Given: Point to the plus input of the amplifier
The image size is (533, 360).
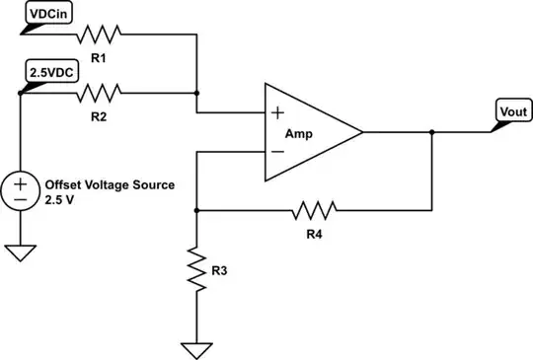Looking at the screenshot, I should [x=279, y=112].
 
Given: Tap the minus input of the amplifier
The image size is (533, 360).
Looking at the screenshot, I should [x=279, y=152].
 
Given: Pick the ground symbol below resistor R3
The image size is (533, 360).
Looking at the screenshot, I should [x=197, y=348].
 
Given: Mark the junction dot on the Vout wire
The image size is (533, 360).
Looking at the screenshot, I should [x=431, y=132].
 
